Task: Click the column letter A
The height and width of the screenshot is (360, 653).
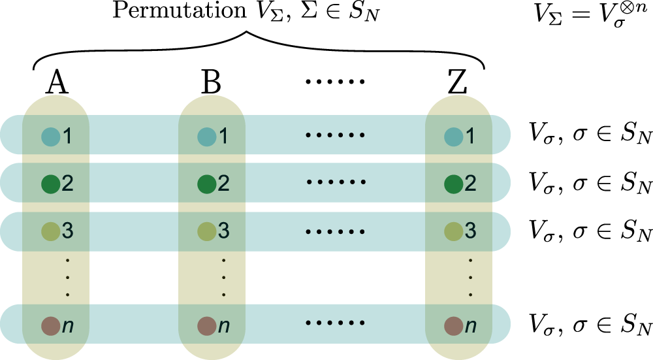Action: pos(59,84)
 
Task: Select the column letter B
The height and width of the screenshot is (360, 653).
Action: pos(211,84)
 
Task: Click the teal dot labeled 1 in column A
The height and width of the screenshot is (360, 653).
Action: pos(50,136)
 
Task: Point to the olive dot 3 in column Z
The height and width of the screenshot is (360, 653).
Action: pos(453,231)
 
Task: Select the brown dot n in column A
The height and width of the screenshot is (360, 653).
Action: pos(50,325)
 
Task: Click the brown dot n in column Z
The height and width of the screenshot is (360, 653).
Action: pos(453,325)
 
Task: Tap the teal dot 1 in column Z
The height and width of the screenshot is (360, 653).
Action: pos(453,136)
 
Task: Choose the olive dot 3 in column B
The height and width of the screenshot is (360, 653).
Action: pos(207,231)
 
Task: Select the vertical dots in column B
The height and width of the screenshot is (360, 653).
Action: pos(223,277)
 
